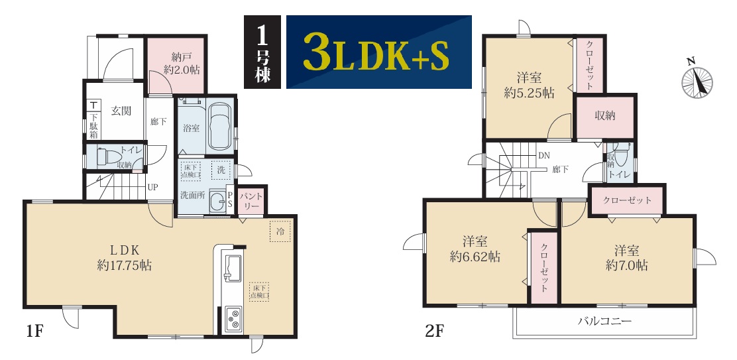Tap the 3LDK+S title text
[x=376, y=52]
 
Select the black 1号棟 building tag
[x=262, y=52]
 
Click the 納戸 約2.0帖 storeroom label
[x=182, y=64]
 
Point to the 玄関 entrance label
[x=121, y=111]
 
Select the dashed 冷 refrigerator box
[x=280, y=231]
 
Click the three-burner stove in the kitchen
[x=233, y=319]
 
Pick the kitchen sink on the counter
[x=232, y=268]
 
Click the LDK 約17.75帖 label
[x=125, y=257]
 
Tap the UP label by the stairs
[x=152, y=186]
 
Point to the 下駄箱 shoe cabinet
[x=93, y=122]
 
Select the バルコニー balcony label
[x=604, y=322]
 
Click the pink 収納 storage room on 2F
[x=605, y=117]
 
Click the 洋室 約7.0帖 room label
[x=626, y=258]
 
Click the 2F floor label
[x=435, y=331]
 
